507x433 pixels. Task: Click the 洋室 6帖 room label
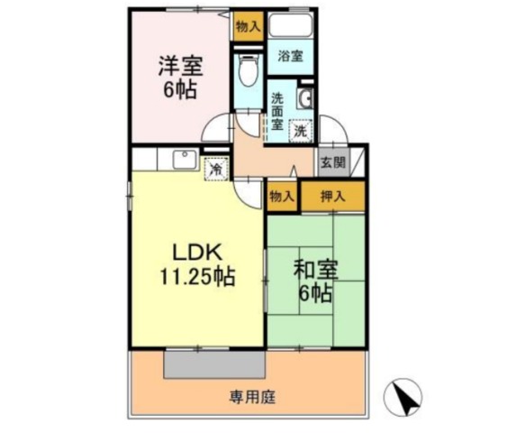(x=180, y=78)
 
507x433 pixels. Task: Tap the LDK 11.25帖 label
(x=197, y=264)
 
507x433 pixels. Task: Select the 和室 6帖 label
(x=315, y=281)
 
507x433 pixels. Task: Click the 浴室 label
(x=290, y=57)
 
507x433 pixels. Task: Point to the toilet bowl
(x=249, y=69)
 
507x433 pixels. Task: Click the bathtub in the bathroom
(x=290, y=25)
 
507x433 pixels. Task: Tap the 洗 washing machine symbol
(x=301, y=131)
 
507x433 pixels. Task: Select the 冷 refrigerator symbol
(x=216, y=169)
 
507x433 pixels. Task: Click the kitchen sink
(x=185, y=160)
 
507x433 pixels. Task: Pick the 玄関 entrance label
(x=332, y=162)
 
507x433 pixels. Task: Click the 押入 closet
(x=332, y=197)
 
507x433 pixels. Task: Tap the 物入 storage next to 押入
(x=282, y=197)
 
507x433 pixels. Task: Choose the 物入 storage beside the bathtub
(x=248, y=26)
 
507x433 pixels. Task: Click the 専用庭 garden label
(x=252, y=397)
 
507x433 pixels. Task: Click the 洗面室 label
(x=276, y=111)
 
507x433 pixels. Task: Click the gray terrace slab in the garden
(x=214, y=364)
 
